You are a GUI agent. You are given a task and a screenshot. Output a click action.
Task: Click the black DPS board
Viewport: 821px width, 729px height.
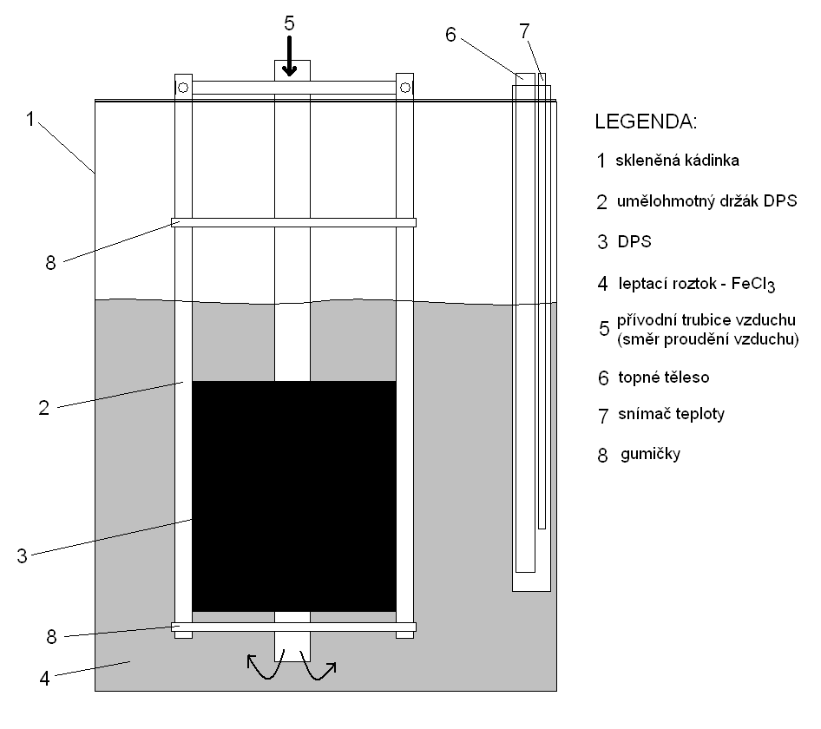293,496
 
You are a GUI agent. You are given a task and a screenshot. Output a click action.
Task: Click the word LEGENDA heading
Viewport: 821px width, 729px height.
646,121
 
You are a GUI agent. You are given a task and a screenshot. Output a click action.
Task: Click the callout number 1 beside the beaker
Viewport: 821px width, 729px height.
30,120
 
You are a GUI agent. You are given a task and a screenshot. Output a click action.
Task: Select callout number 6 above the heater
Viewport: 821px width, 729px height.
450,35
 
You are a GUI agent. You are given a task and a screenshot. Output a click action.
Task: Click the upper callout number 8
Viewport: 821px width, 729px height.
50,262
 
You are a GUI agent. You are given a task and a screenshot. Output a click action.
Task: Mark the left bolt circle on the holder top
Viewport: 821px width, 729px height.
183,88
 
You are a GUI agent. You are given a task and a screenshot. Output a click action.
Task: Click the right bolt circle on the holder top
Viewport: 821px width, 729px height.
404,88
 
